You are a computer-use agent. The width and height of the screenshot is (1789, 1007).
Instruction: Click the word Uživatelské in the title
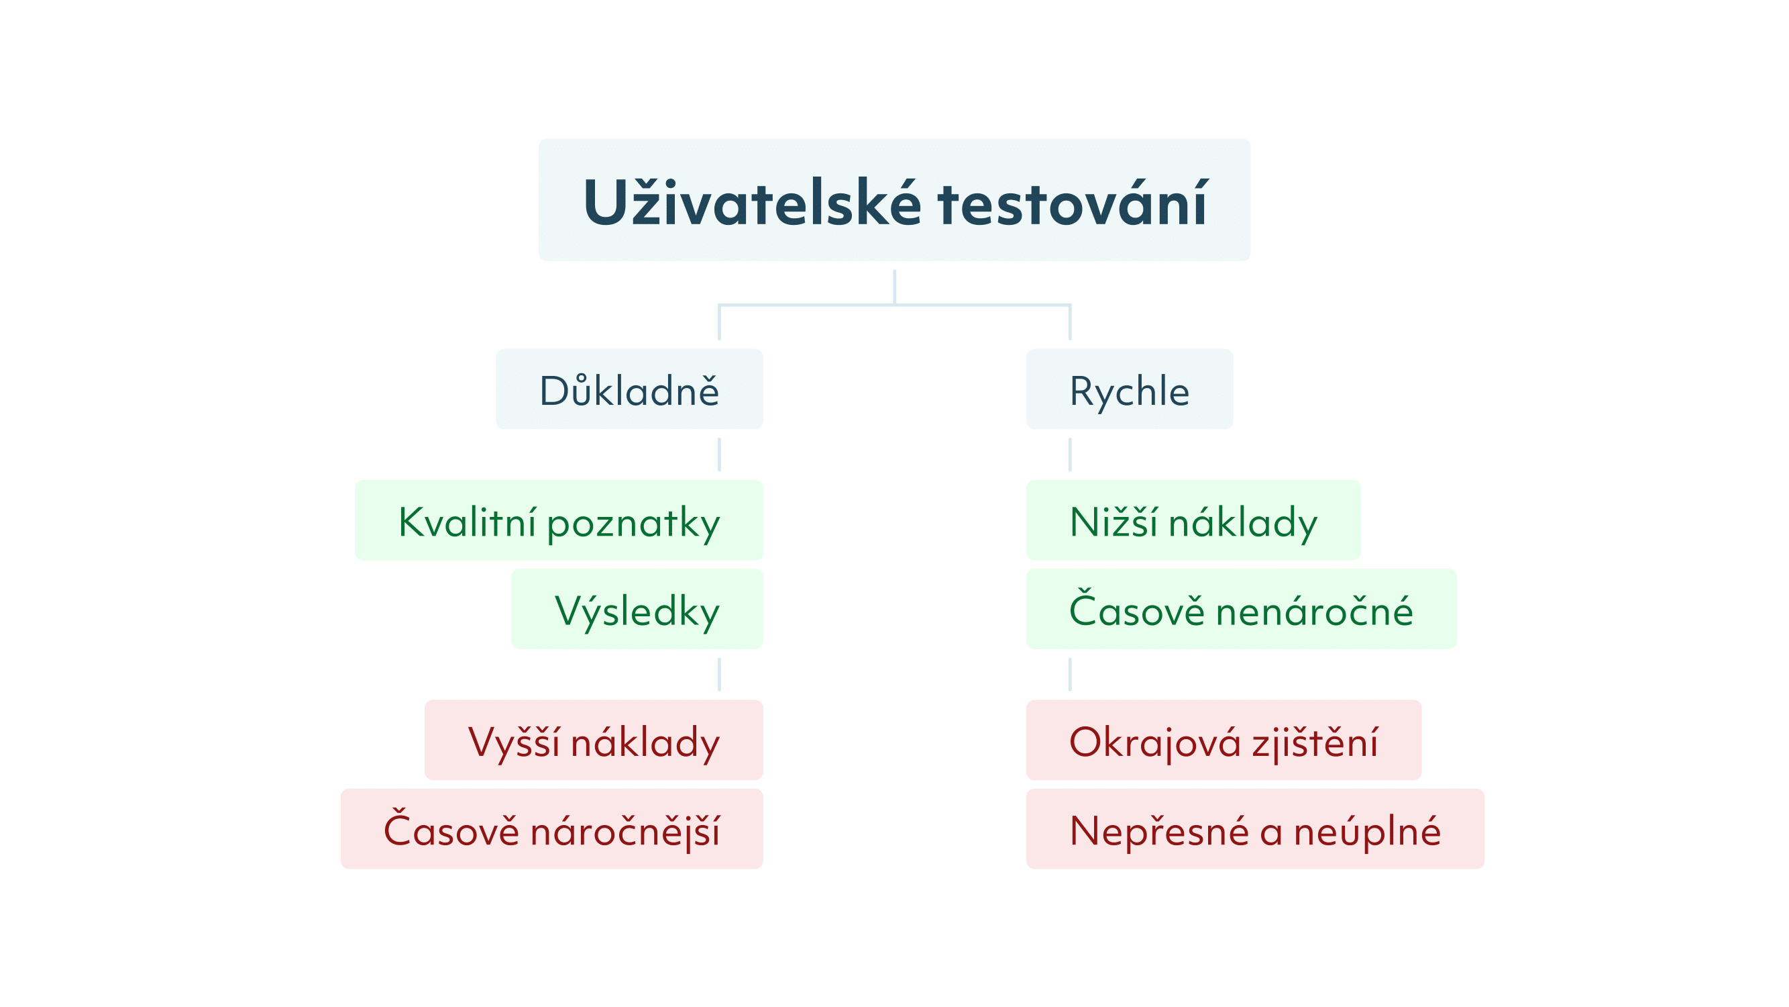pyautogui.click(x=752, y=202)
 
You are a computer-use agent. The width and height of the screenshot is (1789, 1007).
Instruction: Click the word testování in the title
pyautogui.click(x=1073, y=202)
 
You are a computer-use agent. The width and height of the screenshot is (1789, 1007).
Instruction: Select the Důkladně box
pyautogui.click(x=629, y=389)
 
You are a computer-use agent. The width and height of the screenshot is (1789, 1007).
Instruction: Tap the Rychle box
pyautogui.click(x=1129, y=389)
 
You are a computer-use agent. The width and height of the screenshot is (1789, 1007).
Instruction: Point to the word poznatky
pyautogui.click(x=633, y=525)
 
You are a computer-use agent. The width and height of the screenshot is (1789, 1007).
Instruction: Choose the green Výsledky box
pyautogui.click(x=637, y=609)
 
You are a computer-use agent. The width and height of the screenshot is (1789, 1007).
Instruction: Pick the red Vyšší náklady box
pyautogui.click(x=594, y=740)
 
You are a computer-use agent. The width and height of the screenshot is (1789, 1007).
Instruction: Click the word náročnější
pyautogui.click(x=625, y=830)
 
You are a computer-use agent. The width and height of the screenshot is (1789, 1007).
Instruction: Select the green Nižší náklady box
pyautogui.click(x=1193, y=520)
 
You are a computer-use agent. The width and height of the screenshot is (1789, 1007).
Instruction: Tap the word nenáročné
pyautogui.click(x=1315, y=610)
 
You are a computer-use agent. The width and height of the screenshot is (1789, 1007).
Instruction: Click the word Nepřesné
pyautogui.click(x=1159, y=830)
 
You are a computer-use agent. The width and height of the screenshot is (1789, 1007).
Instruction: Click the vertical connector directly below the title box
pyautogui.click(x=895, y=287)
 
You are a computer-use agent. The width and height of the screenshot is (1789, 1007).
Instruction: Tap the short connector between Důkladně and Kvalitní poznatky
pyautogui.click(x=719, y=454)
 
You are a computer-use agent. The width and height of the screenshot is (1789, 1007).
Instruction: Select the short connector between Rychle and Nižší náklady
pyautogui.click(x=1069, y=454)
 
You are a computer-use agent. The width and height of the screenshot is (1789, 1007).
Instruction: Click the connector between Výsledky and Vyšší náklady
pyautogui.click(x=719, y=674)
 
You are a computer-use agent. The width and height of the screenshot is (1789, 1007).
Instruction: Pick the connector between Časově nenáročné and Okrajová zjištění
pyautogui.click(x=1069, y=674)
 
